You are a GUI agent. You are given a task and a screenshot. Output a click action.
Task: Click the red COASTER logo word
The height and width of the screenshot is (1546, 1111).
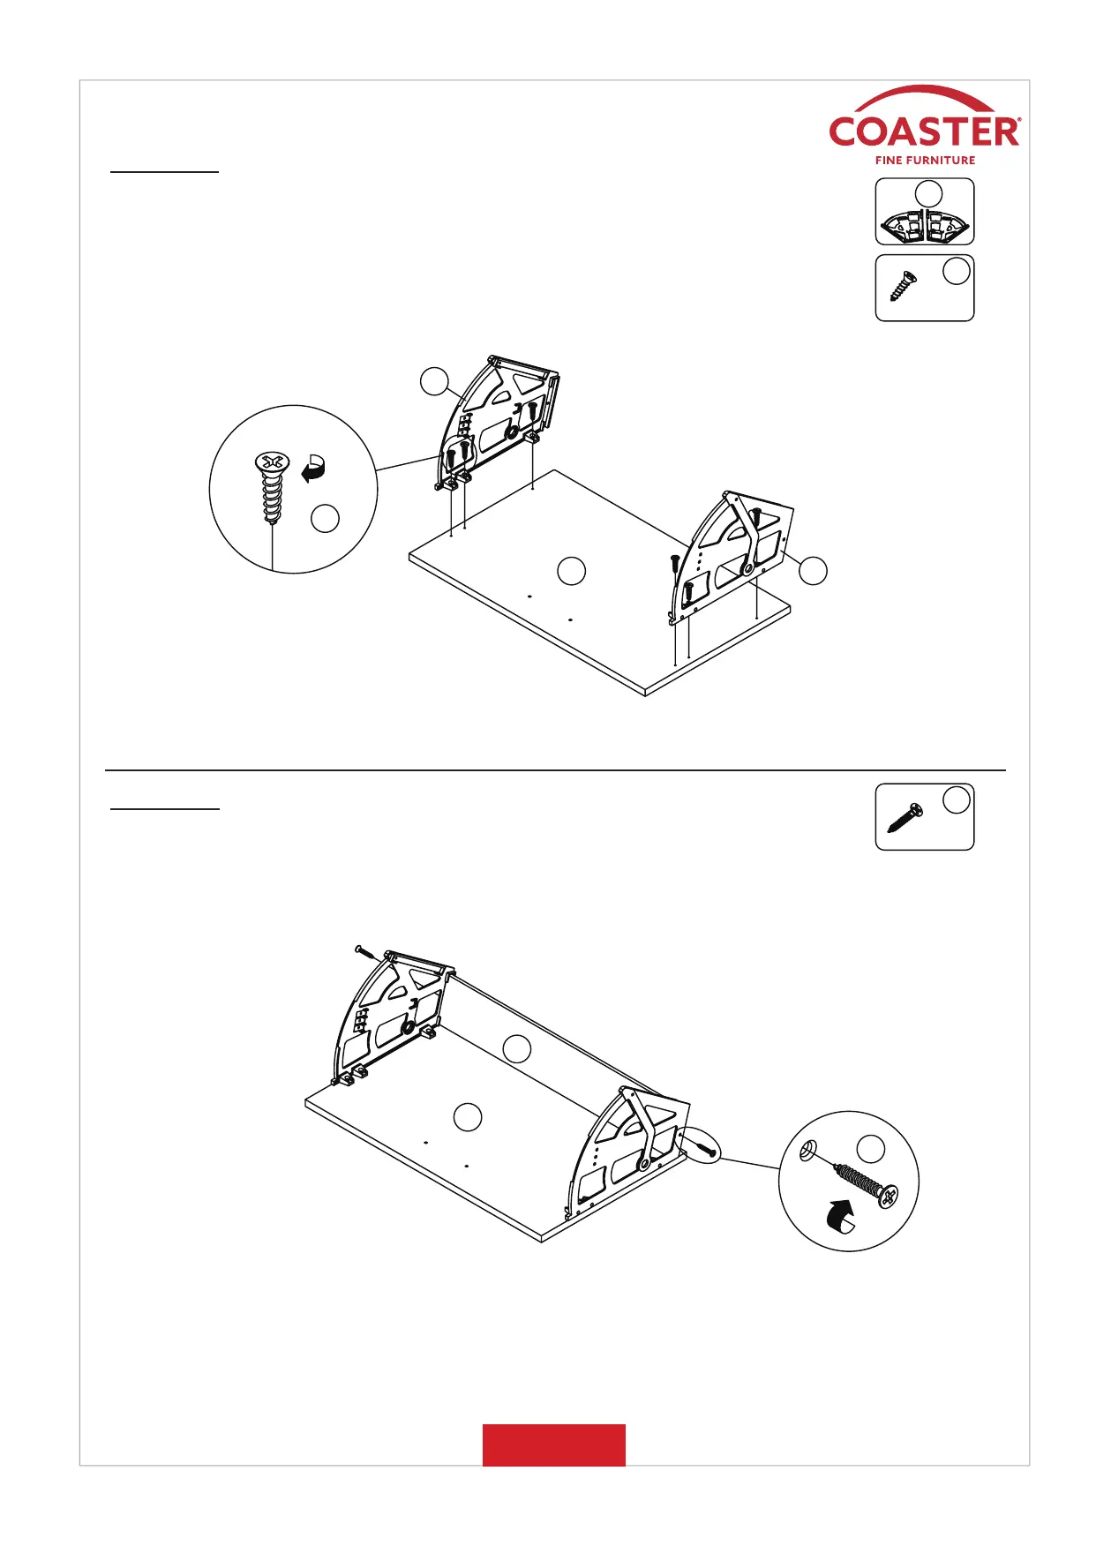924,131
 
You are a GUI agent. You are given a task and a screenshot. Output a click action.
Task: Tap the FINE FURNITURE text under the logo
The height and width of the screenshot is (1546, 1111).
925,161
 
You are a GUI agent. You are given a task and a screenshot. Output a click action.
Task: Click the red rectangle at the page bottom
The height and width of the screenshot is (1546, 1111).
553,1445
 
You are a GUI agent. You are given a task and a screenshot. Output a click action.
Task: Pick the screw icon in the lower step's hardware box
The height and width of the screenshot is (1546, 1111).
905,817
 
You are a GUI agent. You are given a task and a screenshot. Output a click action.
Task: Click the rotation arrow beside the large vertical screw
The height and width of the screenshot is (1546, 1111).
313,468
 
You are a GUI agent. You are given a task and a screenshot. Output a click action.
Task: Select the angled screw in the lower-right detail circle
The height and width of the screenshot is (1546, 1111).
865,1183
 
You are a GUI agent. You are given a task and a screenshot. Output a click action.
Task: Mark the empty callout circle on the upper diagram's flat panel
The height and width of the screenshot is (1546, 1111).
572,571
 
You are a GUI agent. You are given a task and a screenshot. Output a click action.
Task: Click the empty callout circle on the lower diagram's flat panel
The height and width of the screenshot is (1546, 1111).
468,1117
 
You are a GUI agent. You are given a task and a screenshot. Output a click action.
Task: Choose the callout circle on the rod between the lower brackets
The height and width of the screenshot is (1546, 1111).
517,1048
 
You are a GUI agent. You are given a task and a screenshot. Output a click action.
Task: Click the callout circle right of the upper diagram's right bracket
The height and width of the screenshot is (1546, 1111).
814,571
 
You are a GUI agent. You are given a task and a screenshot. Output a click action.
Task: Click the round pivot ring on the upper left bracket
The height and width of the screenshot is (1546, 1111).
512,433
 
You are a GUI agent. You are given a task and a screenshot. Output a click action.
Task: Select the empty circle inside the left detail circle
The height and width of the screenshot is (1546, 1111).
326,519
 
